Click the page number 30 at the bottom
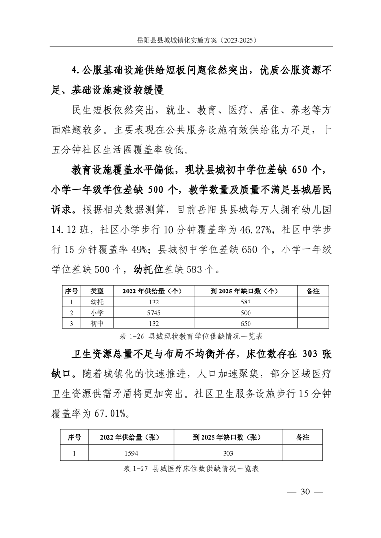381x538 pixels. (305, 492)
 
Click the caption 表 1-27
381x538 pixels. (191, 468)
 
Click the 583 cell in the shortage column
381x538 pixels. (244, 302)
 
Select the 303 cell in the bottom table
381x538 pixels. (228, 453)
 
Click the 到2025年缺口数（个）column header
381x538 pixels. (244, 291)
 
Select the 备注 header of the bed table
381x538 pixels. (302, 438)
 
